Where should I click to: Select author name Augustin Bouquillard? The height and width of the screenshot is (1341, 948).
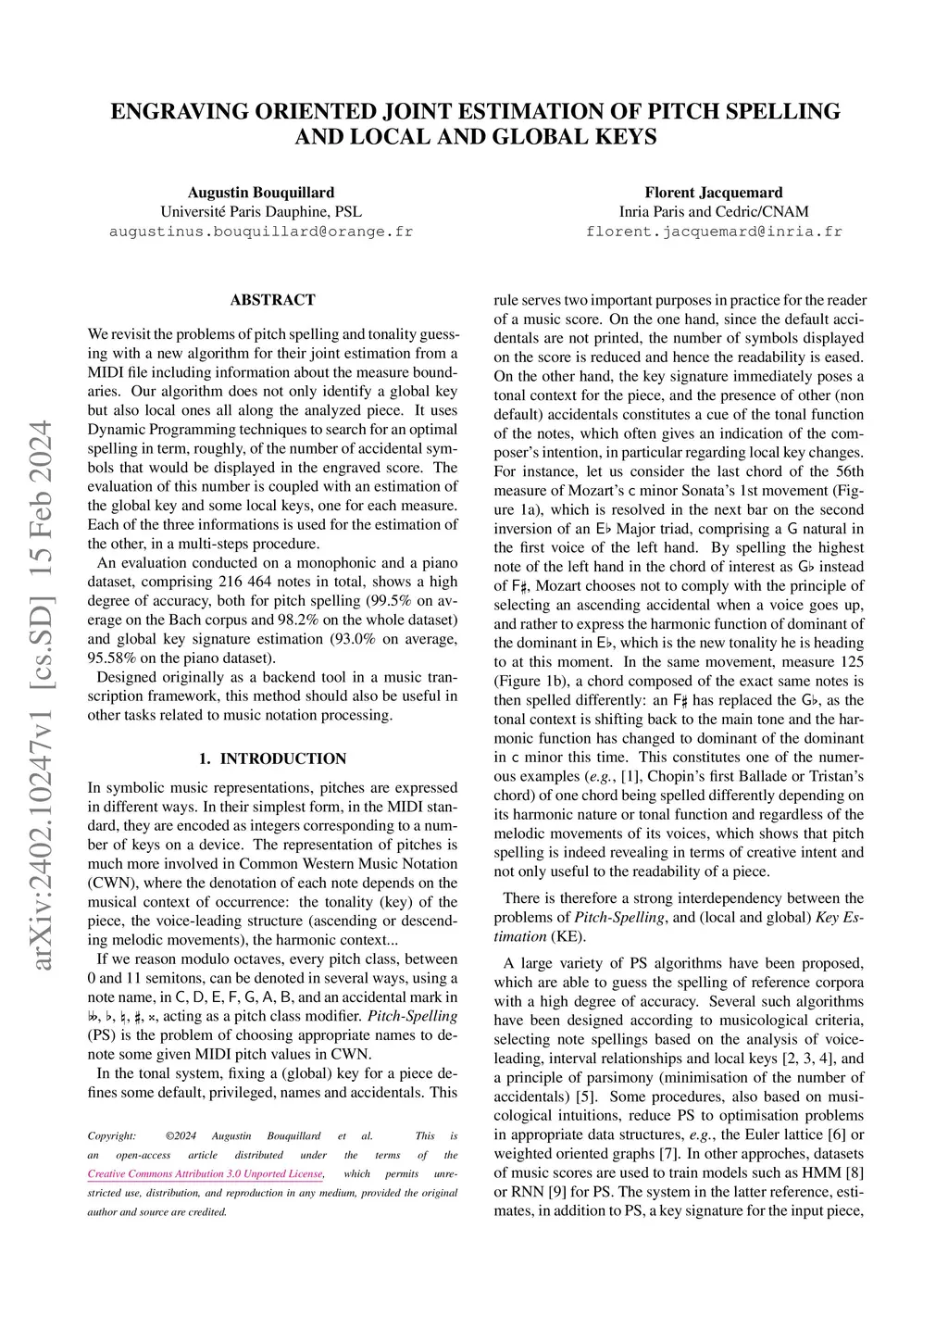(x=261, y=193)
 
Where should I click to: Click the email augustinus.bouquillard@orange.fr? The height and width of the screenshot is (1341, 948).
(x=261, y=232)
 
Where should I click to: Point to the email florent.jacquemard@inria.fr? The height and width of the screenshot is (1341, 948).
(x=714, y=232)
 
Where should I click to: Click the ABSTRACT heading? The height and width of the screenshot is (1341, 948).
(x=272, y=300)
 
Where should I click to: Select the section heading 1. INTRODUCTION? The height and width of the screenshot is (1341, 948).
(x=272, y=758)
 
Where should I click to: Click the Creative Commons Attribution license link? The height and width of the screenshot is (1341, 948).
(x=206, y=1174)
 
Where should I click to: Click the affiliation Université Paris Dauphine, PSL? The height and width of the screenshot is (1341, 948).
(x=261, y=212)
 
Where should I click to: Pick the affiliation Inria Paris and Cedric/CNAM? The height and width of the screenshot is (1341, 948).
(x=714, y=212)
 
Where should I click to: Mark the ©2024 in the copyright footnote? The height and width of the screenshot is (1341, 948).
(x=181, y=1136)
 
